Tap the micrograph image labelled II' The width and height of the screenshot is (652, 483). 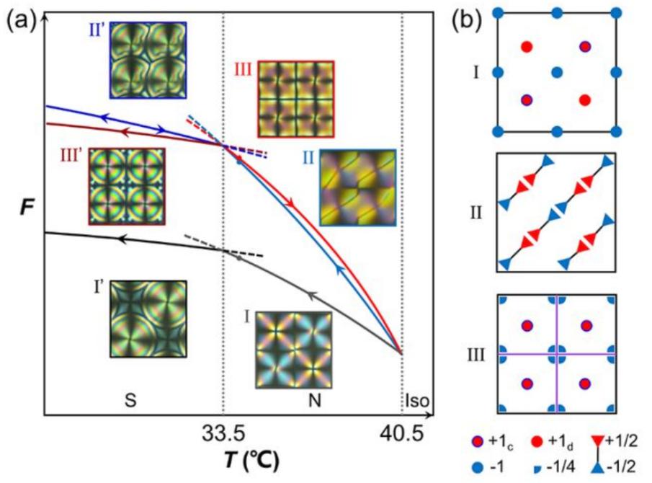(148, 59)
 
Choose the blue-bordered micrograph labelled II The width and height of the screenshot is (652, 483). (358, 187)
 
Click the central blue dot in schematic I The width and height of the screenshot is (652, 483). (555, 72)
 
